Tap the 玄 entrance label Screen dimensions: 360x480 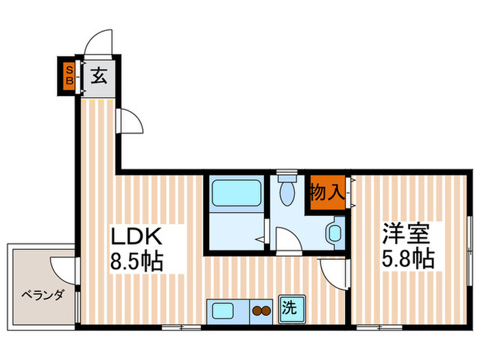pos(99,76)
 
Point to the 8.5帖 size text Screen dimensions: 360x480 pos(138,262)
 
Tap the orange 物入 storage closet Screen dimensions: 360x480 pos(326,192)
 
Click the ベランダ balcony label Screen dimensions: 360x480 pos(43,296)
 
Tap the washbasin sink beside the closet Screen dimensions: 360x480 pos(335,232)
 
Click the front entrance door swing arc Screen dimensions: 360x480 pos(98,41)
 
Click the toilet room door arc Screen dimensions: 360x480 pos(287,241)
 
